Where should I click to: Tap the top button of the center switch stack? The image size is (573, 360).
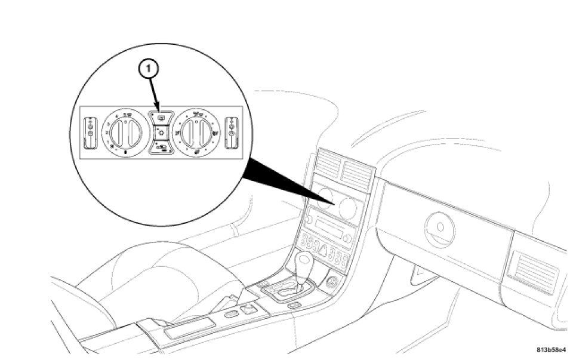161,117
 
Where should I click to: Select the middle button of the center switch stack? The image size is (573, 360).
161,131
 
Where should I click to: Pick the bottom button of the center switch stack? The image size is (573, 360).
161,147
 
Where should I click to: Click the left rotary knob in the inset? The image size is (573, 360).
125,131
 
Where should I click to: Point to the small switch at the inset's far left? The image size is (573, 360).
90,132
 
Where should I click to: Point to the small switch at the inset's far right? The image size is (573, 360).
232,132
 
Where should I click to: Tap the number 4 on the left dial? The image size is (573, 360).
115,117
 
